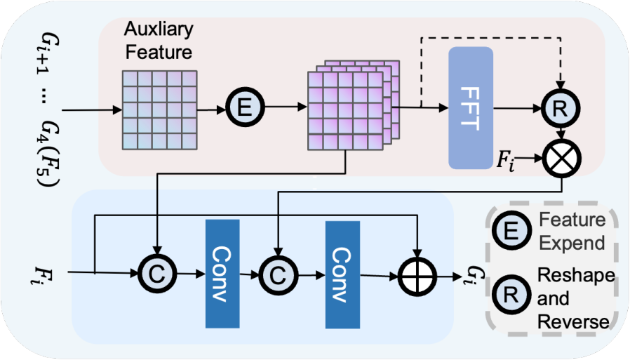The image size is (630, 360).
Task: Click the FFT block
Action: click(x=471, y=107)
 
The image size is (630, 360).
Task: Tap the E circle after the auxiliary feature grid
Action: click(x=245, y=107)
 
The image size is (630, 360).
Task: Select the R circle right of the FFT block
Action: click(x=561, y=109)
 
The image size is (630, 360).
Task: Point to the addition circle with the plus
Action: click(x=417, y=277)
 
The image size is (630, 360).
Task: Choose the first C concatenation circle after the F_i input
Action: click(x=157, y=274)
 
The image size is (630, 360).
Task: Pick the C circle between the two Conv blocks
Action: click(x=278, y=275)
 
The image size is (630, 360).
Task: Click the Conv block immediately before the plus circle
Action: click(x=342, y=275)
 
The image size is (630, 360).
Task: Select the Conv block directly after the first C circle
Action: click(x=222, y=274)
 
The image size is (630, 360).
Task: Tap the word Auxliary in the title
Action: click(x=159, y=29)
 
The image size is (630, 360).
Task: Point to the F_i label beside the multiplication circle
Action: click(x=505, y=159)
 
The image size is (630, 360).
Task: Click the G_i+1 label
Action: click(x=50, y=57)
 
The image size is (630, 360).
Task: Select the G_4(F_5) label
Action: click(x=50, y=153)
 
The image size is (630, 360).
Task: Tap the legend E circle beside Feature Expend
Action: click(x=511, y=231)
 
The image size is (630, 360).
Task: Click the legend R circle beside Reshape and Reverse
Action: click(x=511, y=295)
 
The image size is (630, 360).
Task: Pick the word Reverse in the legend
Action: click(x=573, y=322)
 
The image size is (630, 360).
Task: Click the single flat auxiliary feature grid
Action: click(x=159, y=110)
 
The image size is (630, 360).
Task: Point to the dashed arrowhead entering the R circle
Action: click(x=561, y=85)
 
